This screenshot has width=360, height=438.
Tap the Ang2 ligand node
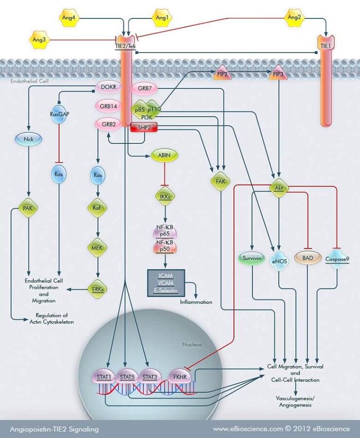point(294,18)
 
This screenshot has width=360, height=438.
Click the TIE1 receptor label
point(325,45)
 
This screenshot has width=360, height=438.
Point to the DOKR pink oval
point(108,88)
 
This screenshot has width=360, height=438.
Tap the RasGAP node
point(58,115)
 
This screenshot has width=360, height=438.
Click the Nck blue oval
point(28,139)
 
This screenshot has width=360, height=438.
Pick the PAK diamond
point(28,208)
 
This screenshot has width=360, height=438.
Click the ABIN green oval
point(164,155)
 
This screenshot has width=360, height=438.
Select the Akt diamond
point(279,188)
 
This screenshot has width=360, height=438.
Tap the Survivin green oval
point(252,259)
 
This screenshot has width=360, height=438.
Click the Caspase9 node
point(338,259)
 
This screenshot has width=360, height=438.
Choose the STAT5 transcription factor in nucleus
point(126,376)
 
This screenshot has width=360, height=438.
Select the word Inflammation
point(196,302)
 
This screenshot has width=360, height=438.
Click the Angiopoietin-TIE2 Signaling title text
point(54,429)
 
